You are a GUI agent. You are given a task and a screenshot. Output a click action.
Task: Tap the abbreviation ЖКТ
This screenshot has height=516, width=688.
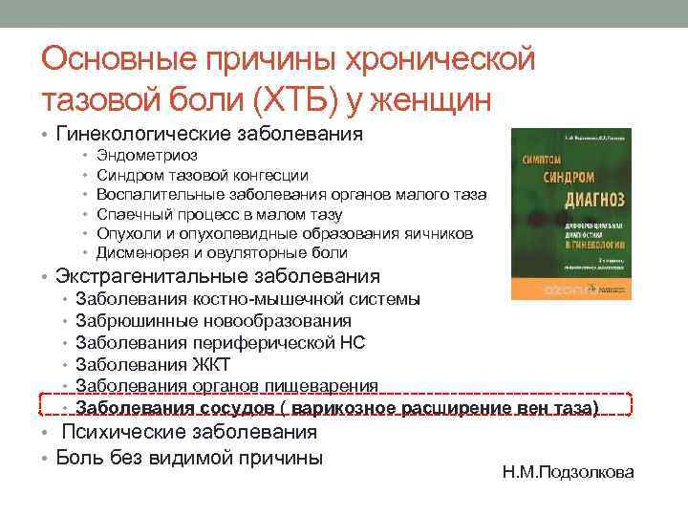[x=209, y=364]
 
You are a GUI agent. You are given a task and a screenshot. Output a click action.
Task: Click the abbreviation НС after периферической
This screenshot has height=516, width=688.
[x=353, y=342]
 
